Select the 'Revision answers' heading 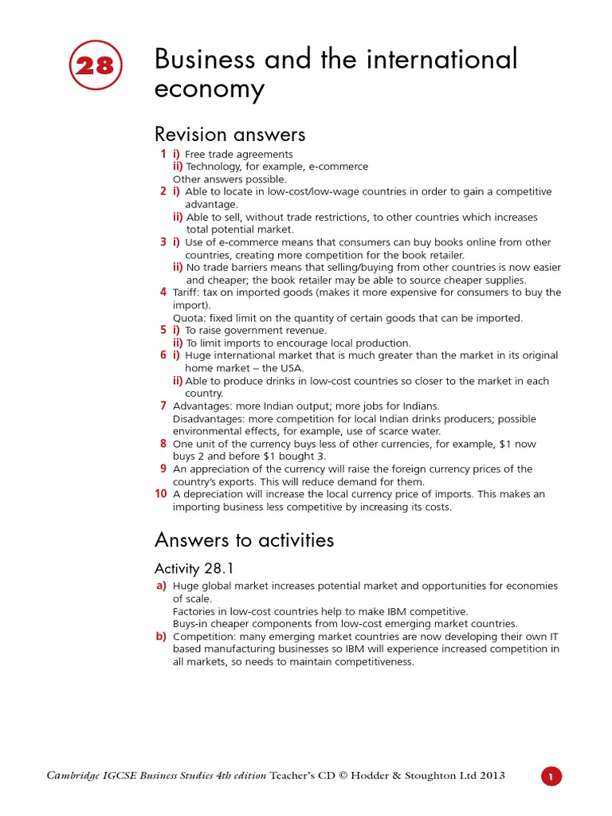[229, 134]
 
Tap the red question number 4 [163, 292]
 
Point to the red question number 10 [160, 494]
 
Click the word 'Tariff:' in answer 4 [189, 292]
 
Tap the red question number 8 [163, 443]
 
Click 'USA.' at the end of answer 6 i [292, 368]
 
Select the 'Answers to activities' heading [244, 540]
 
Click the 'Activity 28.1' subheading [194, 568]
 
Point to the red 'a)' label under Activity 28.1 [161, 586]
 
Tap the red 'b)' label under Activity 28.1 [161, 636]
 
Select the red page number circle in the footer [552, 776]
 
